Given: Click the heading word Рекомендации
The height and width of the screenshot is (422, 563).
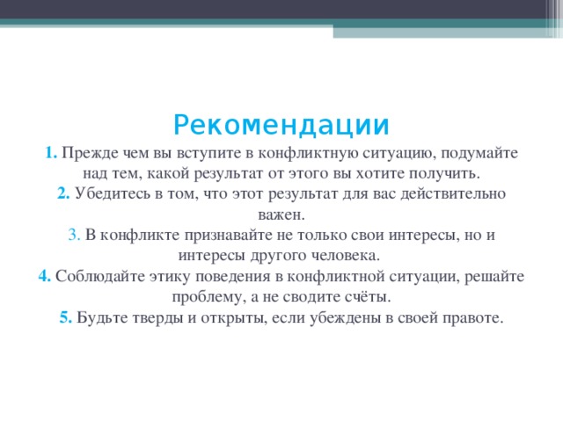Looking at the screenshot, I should (281, 125).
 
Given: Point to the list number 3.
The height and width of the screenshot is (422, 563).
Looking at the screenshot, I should (74, 235).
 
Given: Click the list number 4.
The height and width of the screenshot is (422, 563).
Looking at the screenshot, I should (44, 276).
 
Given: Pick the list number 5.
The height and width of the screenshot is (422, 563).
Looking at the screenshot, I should (66, 317).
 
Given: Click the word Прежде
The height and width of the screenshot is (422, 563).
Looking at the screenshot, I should (86, 152).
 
